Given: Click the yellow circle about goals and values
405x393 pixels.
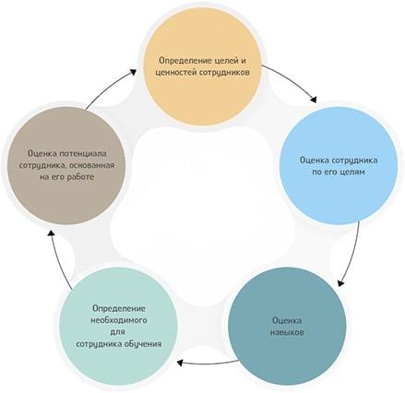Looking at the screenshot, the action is pos(203,66).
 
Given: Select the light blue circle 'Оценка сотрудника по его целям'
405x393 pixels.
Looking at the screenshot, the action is pos(339,166).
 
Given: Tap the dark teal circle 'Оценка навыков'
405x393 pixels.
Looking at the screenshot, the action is pos(287,327).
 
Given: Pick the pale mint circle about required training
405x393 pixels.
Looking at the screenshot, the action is pos(119,326).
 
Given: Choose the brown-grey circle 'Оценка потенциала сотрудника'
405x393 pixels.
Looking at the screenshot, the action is pos(66,165).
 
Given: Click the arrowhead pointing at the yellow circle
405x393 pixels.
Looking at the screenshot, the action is pos(133,72).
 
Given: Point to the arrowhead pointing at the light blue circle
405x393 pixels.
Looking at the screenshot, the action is pos(313,100).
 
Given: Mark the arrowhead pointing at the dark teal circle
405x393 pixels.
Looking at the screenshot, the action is pos(340,282).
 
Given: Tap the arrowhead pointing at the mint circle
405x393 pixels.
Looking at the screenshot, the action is pos(181,363).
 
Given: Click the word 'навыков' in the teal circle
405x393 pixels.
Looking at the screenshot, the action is pos(287,332).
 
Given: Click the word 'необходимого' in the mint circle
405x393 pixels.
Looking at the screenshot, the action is pos(119,320).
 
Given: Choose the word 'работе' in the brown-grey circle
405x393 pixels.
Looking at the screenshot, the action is pos(81,177).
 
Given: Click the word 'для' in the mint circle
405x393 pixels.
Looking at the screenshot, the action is pos(117,332).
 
